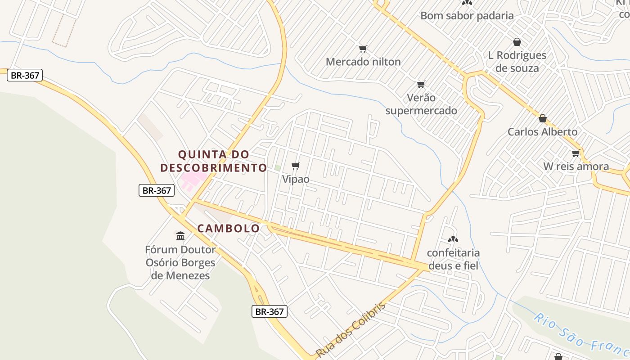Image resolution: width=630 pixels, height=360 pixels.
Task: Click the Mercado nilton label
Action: pos(363,62)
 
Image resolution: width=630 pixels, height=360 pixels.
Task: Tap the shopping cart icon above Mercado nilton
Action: pos(363,49)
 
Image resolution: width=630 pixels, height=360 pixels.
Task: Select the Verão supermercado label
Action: pos(421,104)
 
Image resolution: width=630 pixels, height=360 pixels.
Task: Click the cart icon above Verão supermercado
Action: pos(421,84)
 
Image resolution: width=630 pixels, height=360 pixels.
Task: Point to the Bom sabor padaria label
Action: pos(467,16)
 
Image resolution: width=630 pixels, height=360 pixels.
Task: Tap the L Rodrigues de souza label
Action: pos(517,62)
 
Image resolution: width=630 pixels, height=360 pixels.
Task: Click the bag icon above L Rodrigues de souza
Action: pos(517,42)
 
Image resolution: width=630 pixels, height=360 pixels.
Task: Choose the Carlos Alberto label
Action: pos(542,132)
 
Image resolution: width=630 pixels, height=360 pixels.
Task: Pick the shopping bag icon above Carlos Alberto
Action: pos(543,118)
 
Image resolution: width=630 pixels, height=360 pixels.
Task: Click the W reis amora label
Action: pos(576,166)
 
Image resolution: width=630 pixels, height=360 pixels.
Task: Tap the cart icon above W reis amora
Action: pos(576,153)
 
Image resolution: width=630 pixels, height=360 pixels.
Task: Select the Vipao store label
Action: pos(296,179)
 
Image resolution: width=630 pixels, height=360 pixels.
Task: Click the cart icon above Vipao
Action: pos(296,166)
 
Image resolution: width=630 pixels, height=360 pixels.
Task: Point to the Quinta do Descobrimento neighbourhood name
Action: pos(214,161)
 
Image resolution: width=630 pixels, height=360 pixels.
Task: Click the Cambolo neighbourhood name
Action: pos(229,229)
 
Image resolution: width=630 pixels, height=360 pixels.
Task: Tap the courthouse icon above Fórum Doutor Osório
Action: pos(180,236)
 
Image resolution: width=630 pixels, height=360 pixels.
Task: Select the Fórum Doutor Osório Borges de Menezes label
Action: pos(180,262)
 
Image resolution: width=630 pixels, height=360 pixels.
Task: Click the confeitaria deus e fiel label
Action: pos(453,259)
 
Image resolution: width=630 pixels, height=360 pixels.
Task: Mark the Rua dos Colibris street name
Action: pos(351,330)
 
